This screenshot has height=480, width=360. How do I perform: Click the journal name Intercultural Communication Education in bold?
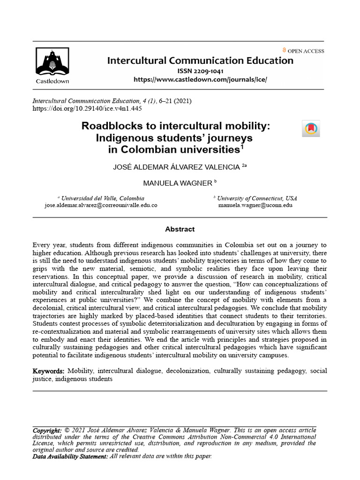200,60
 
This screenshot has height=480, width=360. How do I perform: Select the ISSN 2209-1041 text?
200,71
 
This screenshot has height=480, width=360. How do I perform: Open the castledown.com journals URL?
200,80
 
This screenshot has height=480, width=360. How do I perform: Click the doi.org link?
87,108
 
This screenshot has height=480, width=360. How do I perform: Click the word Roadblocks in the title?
111,126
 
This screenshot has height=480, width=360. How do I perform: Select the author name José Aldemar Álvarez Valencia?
177,167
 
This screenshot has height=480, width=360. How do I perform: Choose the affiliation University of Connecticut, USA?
257,198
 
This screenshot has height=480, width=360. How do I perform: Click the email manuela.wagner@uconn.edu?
255,205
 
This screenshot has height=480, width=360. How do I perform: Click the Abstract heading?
180,229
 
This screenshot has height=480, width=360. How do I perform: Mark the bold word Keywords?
48,371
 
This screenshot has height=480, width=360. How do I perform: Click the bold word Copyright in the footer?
47,430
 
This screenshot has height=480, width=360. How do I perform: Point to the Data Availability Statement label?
70,456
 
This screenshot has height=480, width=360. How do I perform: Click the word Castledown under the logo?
52,81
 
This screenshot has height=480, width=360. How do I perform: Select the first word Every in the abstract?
41,245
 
